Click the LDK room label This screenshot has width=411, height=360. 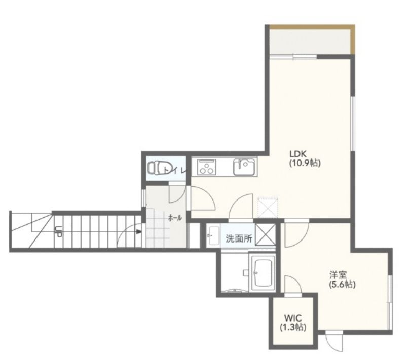tap(298, 153)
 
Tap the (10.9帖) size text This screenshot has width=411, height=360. tap(305, 163)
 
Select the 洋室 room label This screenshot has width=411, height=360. tap(339, 275)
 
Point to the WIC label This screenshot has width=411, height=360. tap(293, 318)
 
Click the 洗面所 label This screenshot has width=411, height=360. tap(239, 238)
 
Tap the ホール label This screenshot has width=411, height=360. tap(175, 217)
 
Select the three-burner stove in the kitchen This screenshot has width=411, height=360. tap(207, 167)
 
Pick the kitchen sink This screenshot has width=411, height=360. tap(244, 167)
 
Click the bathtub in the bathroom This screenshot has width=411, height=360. tap(263, 272)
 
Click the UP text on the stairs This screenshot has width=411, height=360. tap(58, 232)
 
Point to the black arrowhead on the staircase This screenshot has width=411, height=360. tap(139, 232)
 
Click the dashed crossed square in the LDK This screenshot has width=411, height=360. tap(268, 208)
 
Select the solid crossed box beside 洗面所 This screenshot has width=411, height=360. tap(265, 234)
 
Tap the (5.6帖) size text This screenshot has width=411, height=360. tap(342, 285)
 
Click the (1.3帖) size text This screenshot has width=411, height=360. tap(293, 327)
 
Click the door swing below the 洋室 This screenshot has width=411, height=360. tap(333, 343)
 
